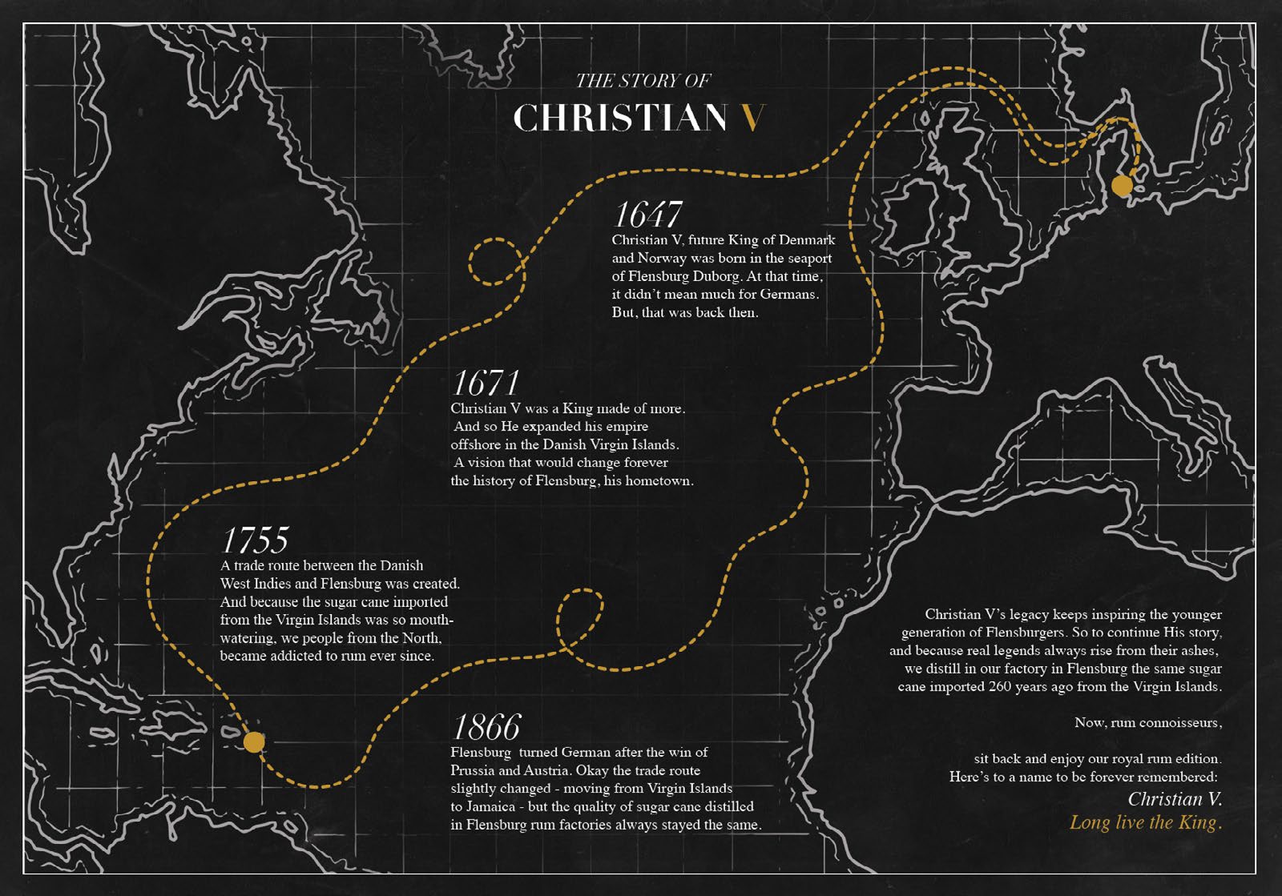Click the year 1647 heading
pyautogui.click(x=647, y=215)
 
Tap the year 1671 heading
pyautogui.click(x=486, y=383)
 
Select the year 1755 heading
pyautogui.click(x=255, y=540)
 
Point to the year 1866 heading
pyautogui.click(x=486, y=727)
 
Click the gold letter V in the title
pyautogui.click(x=752, y=119)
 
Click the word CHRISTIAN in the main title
pyautogui.click(x=619, y=119)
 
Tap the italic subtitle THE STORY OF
pyautogui.click(x=643, y=80)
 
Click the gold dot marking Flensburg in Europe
pyautogui.click(x=1122, y=186)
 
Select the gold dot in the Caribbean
pyautogui.click(x=253, y=742)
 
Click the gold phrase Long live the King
pyautogui.click(x=1145, y=822)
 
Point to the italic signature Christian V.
pyautogui.click(x=1175, y=798)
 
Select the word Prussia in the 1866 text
pyautogui.click(x=472, y=770)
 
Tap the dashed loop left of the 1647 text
pyautogui.click(x=496, y=261)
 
